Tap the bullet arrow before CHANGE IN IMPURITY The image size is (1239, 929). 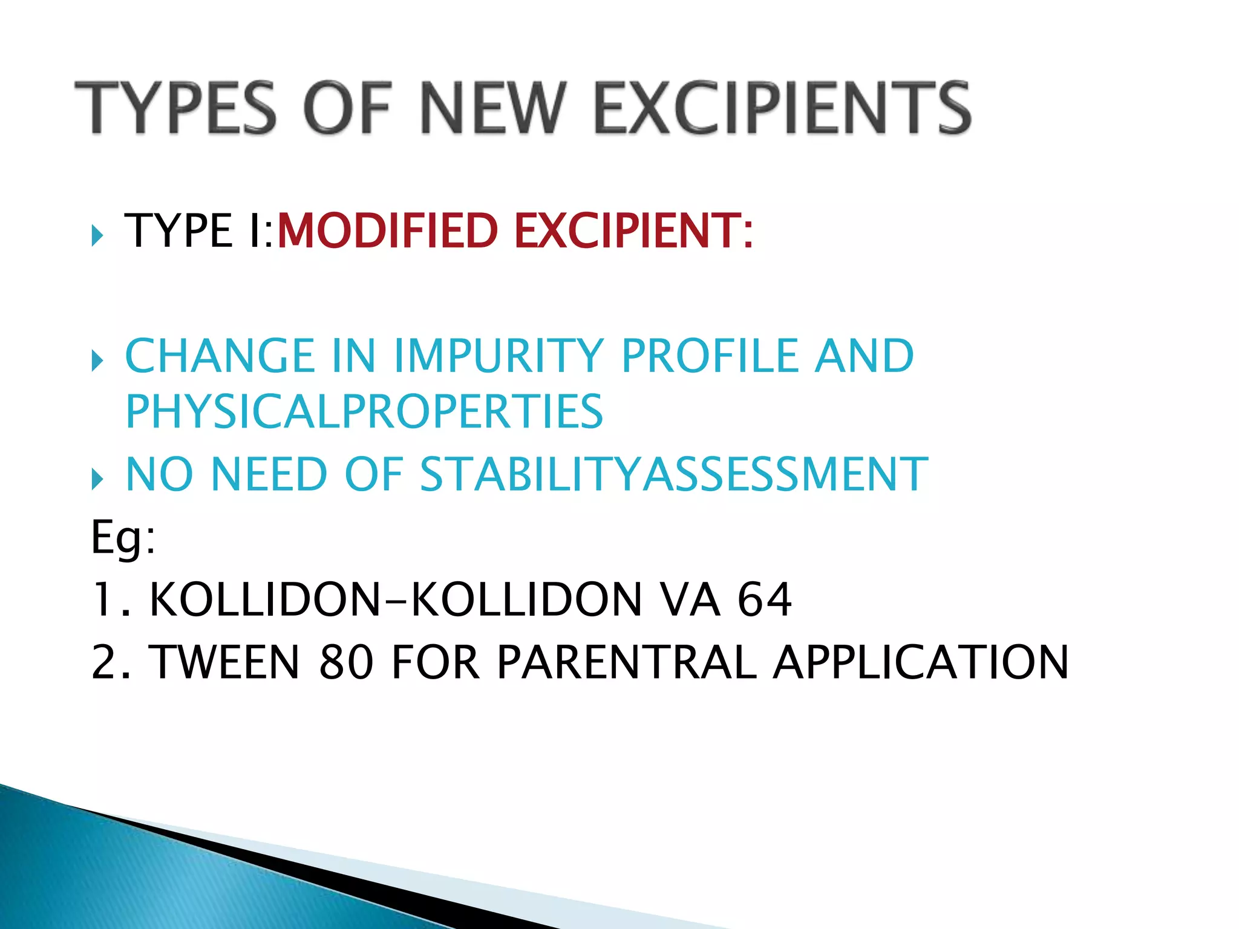pos(97,360)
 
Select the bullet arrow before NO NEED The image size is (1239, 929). pos(97,479)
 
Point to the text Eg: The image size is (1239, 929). pos(123,538)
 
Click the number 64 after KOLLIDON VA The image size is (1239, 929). pos(764,599)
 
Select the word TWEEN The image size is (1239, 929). pos(224,662)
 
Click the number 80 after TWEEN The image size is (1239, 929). pos(345,662)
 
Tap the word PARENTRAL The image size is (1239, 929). pos(626,662)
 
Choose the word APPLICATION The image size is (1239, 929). pos(921,662)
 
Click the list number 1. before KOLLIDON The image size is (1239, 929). pos(111,599)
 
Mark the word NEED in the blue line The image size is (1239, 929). pos(269,474)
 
